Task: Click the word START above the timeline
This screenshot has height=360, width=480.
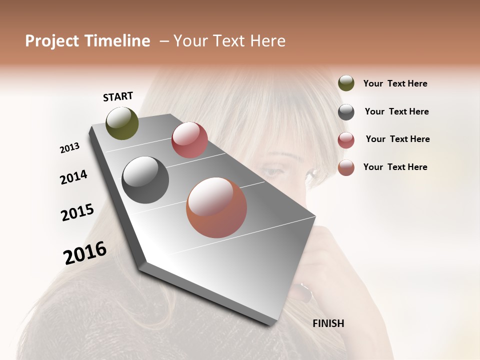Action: tap(118, 96)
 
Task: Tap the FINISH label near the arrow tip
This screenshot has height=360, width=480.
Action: tap(328, 323)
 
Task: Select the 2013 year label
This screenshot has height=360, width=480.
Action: tap(69, 148)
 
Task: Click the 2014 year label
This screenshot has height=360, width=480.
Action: tap(73, 177)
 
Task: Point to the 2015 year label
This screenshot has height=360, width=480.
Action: tap(77, 212)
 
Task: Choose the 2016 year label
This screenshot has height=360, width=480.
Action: tap(85, 253)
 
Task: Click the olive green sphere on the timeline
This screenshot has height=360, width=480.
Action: tap(122, 123)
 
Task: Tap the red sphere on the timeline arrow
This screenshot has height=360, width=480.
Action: tap(189, 140)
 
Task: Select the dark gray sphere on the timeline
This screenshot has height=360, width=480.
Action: tap(145, 180)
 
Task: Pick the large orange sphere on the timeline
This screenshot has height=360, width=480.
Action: tap(216, 207)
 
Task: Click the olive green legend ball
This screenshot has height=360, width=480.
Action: tap(346, 83)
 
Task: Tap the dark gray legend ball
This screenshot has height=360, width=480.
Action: tap(346, 112)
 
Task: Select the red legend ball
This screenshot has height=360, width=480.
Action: tap(346, 140)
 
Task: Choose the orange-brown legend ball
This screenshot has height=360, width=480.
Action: tap(346, 167)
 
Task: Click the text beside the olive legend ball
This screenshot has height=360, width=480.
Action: tap(395, 84)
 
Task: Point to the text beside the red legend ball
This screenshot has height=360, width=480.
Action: tap(397, 139)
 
